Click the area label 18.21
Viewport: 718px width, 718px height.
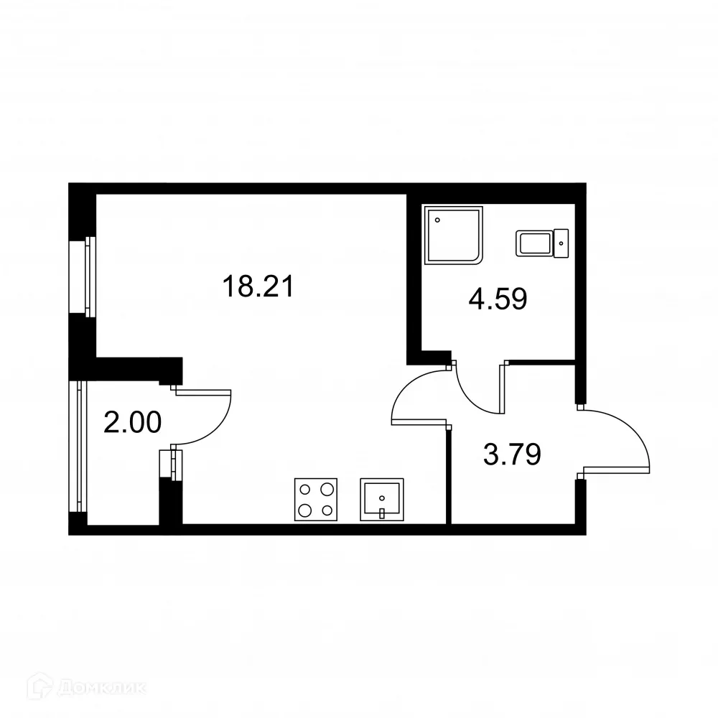(258, 288)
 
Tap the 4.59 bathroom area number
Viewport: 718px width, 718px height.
(498, 299)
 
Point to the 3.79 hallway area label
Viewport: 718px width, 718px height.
(511, 454)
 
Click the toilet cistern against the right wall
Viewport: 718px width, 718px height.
(562, 243)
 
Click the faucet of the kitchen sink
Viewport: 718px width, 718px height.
(383, 513)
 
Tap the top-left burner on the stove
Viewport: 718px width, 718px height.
(304, 490)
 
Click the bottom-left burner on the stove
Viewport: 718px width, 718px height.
(304, 510)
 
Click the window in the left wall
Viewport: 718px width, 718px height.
(88, 276)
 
